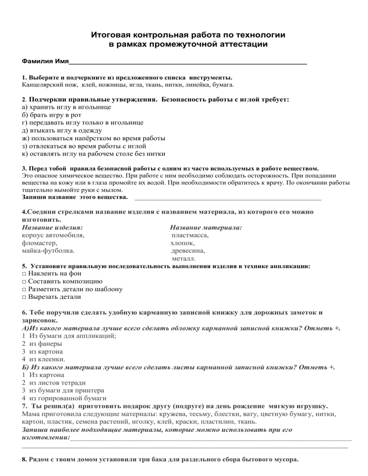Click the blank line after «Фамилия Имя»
(187, 62)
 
